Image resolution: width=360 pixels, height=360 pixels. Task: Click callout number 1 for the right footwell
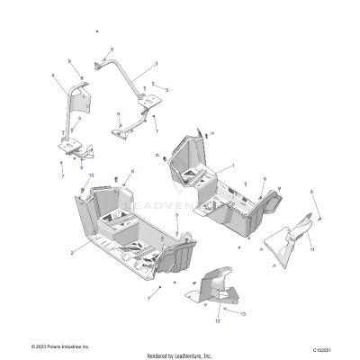pyautogui.click(x=232, y=166)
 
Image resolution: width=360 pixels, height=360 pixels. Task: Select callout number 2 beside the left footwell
pyautogui.click(x=72, y=254)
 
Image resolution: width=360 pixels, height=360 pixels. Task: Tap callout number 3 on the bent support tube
pyautogui.click(x=156, y=64)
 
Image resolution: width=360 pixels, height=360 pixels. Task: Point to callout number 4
pyautogui.click(x=53, y=75)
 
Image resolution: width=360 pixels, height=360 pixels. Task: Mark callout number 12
pyautogui.click(x=216, y=319)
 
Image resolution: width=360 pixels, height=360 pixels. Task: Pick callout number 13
pyautogui.click(x=243, y=313)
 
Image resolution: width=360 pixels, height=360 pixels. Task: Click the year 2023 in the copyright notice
pyautogui.click(x=38, y=346)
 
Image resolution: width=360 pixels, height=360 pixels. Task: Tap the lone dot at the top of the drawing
pyautogui.click(x=96, y=31)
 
